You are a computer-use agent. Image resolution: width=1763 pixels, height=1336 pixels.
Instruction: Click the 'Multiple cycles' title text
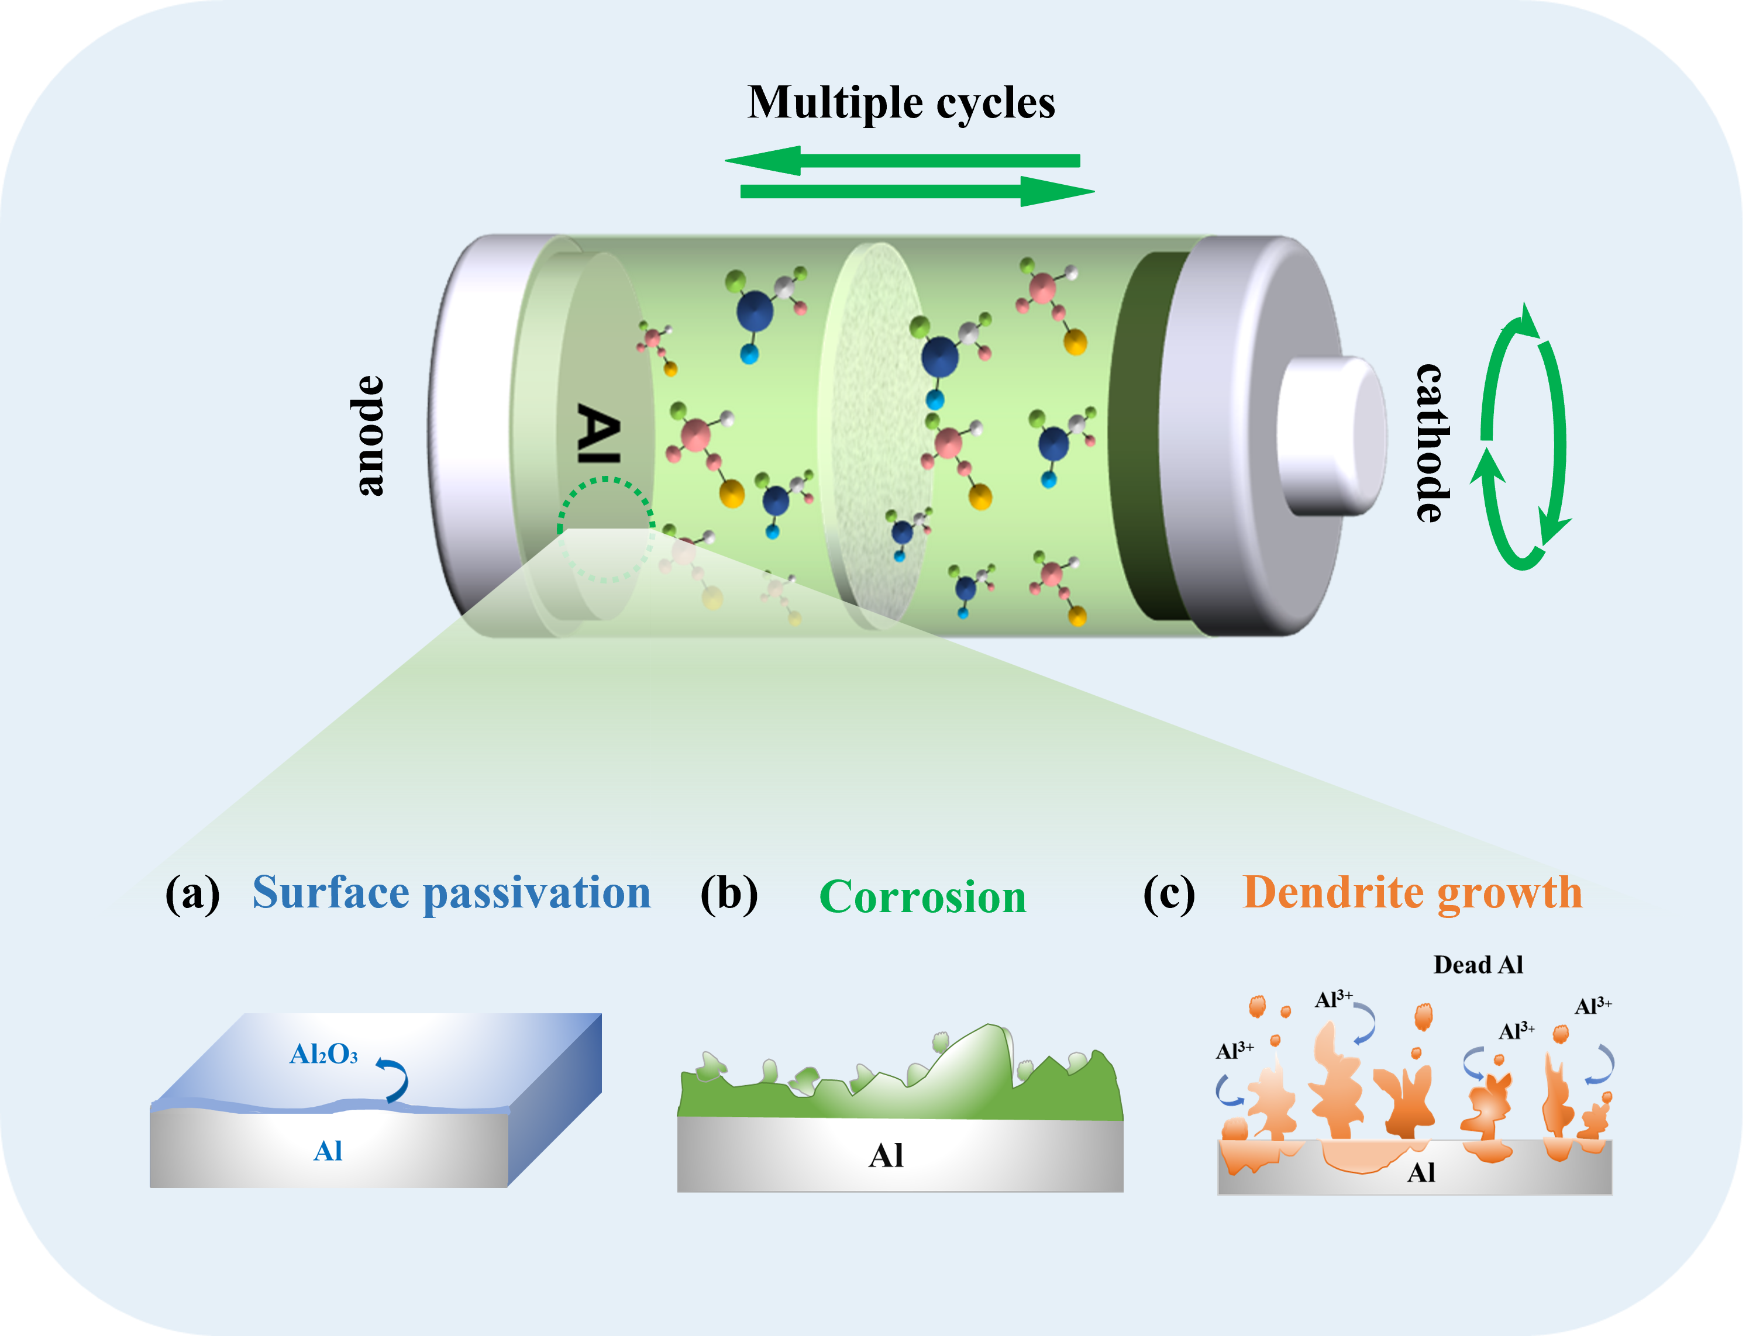click(901, 103)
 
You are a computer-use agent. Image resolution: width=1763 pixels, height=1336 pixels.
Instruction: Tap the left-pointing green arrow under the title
click(901, 160)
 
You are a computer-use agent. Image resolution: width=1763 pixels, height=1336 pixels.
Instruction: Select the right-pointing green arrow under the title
click(917, 192)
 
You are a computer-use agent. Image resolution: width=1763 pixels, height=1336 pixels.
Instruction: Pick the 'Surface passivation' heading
click(451, 892)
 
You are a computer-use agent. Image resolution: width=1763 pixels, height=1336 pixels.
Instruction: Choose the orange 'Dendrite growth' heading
click(1412, 892)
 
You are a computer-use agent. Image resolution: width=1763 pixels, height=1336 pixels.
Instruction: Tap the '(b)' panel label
click(728, 894)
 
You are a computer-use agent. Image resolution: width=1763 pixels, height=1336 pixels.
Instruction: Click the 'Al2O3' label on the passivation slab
click(323, 1055)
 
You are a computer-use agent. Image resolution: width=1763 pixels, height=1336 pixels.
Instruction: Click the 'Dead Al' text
click(1478, 965)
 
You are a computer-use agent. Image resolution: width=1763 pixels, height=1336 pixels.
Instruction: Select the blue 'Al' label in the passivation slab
click(328, 1151)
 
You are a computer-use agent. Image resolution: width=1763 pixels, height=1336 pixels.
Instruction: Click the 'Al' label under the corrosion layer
click(886, 1156)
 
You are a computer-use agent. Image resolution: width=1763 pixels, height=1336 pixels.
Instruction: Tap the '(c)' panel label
click(1169, 894)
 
